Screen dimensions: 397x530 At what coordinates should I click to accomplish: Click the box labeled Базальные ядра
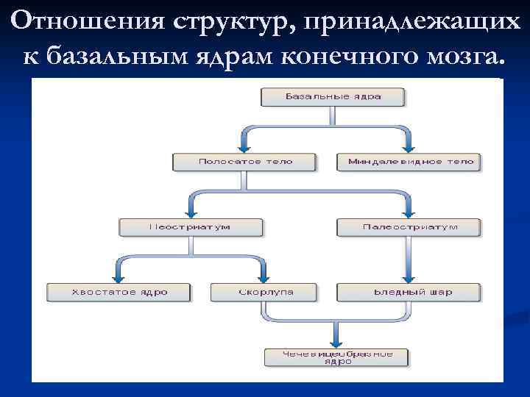tap(333, 96)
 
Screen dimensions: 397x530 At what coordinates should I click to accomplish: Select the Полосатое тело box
tap(245, 162)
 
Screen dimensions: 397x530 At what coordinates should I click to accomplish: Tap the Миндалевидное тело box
tap(409, 162)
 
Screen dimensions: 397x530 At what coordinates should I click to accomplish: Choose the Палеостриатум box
tap(409, 227)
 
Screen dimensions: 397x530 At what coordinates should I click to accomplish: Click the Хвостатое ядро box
tap(119, 292)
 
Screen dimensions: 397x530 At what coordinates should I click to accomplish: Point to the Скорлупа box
tap(265, 292)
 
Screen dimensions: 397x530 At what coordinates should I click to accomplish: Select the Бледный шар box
tap(409, 292)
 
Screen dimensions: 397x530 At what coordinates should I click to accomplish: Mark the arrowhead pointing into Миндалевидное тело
tap(409, 148)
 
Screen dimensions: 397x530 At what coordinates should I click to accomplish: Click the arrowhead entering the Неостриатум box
tap(190, 213)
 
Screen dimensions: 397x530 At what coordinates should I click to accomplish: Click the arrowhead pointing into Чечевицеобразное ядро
tap(335, 342)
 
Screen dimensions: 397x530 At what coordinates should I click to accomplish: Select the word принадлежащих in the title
tap(412, 22)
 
